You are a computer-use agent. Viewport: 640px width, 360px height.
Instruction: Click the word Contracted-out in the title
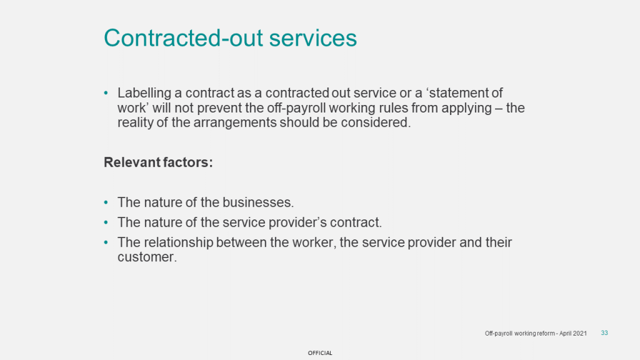pyautogui.click(x=184, y=38)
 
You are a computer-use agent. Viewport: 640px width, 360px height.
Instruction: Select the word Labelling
pyautogui.click(x=144, y=94)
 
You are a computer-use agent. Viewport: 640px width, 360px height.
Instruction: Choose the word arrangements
pyautogui.click(x=235, y=123)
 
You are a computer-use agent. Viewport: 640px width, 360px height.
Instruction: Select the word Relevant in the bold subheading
pyautogui.click(x=132, y=162)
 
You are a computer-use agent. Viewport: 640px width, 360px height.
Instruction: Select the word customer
pyautogui.click(x=147, y=257)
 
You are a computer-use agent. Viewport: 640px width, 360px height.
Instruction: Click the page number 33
pyautogui.click(x=604, y=333)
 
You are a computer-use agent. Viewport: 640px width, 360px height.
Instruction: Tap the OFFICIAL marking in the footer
pyautogui.click(x=320, y=353)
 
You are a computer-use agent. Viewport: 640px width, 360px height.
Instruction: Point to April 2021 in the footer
pyautogui.click(x=573, y=334)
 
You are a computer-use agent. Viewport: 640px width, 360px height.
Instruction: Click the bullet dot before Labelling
pyautogui.click(x=106, y=93)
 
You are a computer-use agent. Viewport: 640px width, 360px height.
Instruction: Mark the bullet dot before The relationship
pyautogui.click(x=106, y=242)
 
